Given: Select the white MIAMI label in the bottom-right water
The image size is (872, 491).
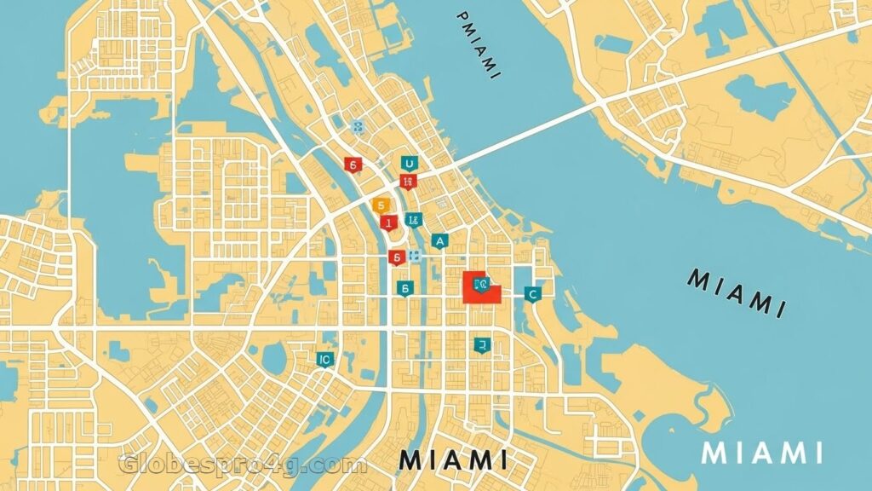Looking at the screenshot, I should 761,453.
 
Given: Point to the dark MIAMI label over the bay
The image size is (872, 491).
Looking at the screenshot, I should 734,292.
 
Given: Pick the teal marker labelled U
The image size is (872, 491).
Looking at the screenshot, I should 409,164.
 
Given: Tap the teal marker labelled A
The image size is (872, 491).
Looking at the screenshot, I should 439,241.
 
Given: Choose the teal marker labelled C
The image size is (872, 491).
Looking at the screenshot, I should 533,294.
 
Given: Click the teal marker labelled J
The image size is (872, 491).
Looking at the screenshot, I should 482,344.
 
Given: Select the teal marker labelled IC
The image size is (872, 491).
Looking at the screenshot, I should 324,360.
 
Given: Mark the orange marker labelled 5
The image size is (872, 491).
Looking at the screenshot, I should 381,205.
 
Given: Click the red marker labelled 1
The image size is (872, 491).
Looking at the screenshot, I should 389,222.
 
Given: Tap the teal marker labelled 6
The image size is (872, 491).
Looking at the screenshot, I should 405,289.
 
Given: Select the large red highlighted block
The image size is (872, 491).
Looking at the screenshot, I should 479,287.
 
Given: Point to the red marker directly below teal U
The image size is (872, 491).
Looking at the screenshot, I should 408,181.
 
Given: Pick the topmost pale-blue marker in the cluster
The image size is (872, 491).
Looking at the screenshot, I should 359,127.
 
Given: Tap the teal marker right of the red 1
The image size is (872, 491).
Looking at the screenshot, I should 414,220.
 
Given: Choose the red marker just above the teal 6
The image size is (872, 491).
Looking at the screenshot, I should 395,257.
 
